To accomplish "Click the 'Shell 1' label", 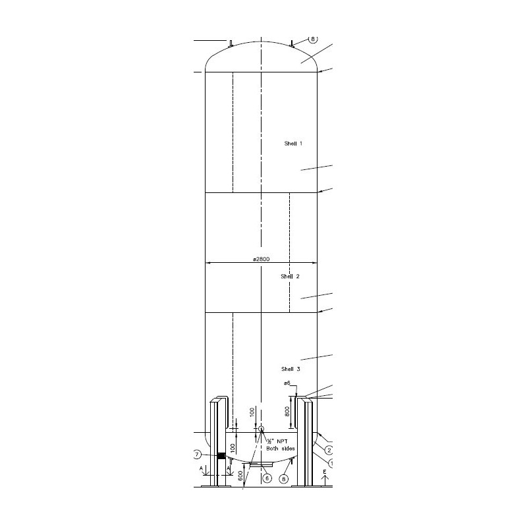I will point(293,143).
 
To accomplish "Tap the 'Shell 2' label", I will point(291,277).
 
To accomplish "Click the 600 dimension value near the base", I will point(240,474).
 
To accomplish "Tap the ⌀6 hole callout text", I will point(287,383).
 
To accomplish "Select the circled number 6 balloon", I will point(267,478).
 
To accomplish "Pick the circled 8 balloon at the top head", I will point(313,40).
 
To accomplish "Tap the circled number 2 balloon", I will point(329,451).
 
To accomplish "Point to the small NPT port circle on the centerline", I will point(261,430).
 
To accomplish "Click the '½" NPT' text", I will point(277,441).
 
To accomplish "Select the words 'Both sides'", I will point(279,449).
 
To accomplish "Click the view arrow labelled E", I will point(325,479).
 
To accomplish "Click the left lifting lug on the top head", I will point(231,44).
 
